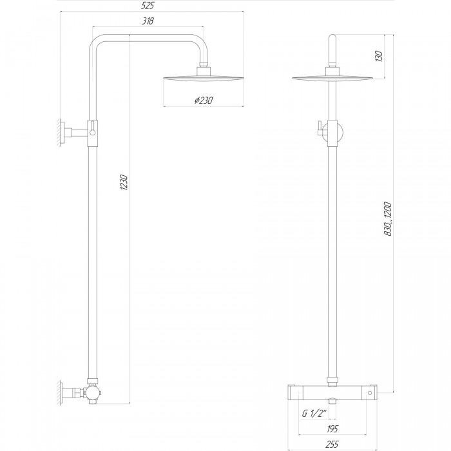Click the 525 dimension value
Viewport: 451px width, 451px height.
[x=148, y=5]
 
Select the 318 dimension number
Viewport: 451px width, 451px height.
[x=148, y=21]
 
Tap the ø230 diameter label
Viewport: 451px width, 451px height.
[x=204, y=101]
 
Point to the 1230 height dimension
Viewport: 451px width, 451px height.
[x=124, y=182]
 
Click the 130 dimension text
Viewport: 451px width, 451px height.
[x=379, y=56]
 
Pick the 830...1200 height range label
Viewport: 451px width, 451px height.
[x=388, y=219]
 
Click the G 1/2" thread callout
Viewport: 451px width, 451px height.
[x=314, y=414]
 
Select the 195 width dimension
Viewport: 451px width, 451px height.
[x=332, y=429]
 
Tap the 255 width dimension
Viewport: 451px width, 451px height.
[x=332, y=444]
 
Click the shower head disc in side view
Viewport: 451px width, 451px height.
[x=204, y=78]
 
